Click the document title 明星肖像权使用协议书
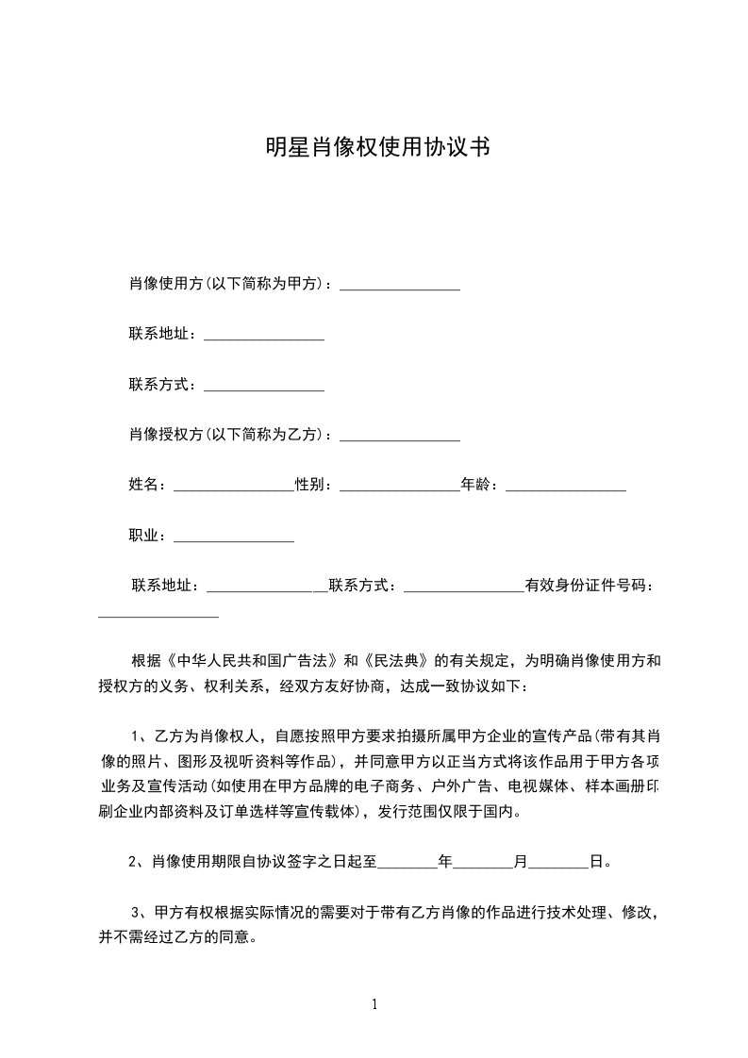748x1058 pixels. click(x=374, y=149)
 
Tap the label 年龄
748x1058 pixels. click(x=475, y=485)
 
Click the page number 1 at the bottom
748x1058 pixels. click(x=374, y=1004)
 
